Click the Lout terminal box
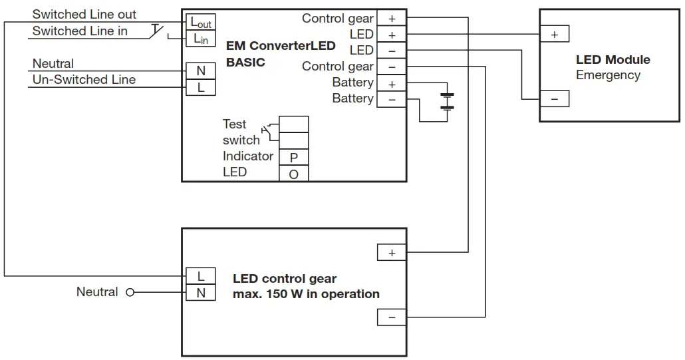pos(200,22)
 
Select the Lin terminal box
pos(200,39)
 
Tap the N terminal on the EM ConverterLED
pos(200,71)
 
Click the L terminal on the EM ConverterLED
pos(200,87)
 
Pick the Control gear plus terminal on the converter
pos(391,19)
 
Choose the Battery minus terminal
pos(391,99)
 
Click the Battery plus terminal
pos(391,83)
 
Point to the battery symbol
pos(448,100)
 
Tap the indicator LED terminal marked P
pos(293,157)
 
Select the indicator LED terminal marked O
pos(293,174)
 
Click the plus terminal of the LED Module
pos(554,35)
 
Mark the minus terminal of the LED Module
pos(554,99)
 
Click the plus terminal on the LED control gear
pos(391,253)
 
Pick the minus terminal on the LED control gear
pos(391,317)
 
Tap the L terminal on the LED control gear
pos(200,276)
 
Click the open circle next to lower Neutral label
pos(130,292)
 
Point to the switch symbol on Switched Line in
pos(158,31)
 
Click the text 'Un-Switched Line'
pos(84,80)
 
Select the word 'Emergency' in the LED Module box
pos(607,75)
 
